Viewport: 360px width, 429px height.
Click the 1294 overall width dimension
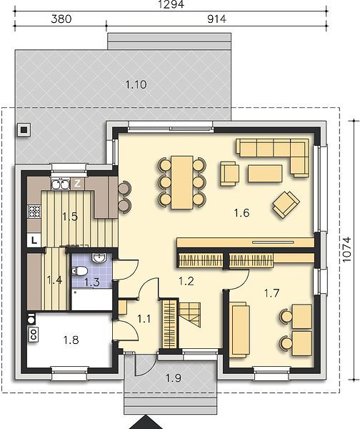[x=171, y=4]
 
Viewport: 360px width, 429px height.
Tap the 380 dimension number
[x=61, y=19]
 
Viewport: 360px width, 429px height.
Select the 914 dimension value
[x=216, y=19]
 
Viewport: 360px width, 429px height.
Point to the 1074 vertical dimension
[x=346, y=250]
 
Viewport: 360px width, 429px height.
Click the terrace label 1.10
[x=136, y=84]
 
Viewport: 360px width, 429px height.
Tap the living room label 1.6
[x=241, y=212]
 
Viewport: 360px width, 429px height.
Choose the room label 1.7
[x=271, y=293]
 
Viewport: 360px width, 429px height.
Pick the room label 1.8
[x=71, y=340]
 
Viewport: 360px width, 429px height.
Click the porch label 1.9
[x=174, y=378]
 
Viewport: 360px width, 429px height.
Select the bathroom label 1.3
[x=92, y=282]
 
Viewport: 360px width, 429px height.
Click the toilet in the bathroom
[x=79, y=271]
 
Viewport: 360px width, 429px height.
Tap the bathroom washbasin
[x=98, y=258]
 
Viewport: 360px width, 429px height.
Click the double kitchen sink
[x=60, y=184]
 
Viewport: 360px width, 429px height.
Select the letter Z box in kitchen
[x=78, y=184]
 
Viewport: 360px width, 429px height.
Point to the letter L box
[x=34, y=241]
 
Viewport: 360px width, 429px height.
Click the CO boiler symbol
[x=34, y=335]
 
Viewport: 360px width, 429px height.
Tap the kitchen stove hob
[x=34, y=212]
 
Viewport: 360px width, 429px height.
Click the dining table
[x=181, y=182]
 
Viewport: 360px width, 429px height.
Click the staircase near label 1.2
[x=190, y=315]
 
